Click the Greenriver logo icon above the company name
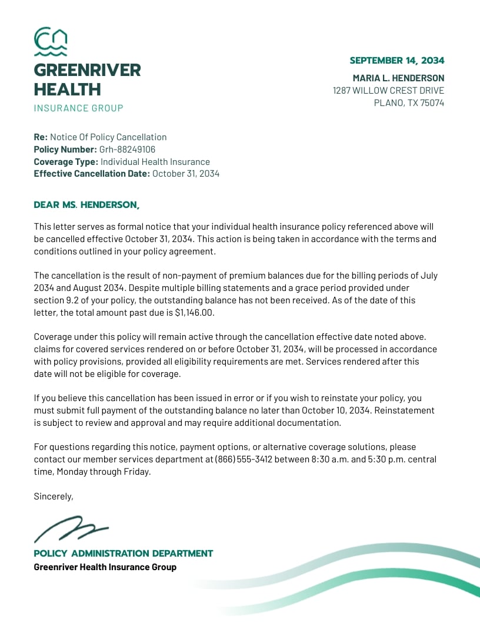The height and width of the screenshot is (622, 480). point(51,41)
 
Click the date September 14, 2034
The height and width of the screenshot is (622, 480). point(396,61)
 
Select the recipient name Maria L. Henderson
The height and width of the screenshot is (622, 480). point(398,78)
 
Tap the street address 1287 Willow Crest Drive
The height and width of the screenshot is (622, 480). point(388,91)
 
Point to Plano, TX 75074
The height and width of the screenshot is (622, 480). point(409,103)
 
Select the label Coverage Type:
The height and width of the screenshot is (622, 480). point(65,162)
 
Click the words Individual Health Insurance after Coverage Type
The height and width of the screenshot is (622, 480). point(155,162)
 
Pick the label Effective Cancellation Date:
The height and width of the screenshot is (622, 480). point(92,174)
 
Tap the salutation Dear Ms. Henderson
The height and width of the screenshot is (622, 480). point(86,205)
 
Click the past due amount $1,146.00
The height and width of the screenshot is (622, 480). point(195,313)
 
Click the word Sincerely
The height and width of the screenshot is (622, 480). point(53,497)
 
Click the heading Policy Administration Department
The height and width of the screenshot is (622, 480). point(123,554)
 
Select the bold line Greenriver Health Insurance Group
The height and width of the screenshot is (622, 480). point(105,567)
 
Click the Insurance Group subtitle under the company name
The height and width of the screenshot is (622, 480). point(78,108)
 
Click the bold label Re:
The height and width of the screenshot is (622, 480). point(41,137)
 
